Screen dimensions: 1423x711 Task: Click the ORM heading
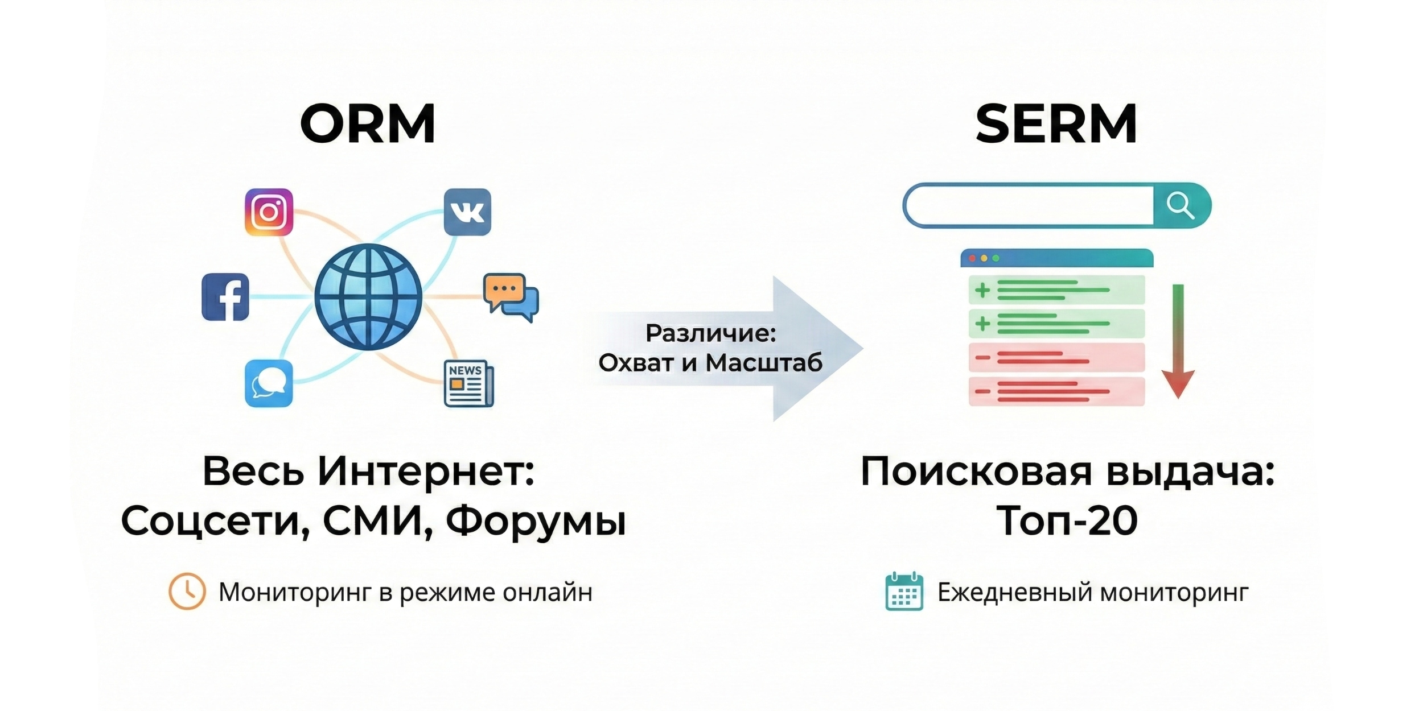click(368, 123)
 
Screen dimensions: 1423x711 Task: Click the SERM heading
click(1056, 123)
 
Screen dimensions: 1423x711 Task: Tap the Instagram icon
click(269, 212)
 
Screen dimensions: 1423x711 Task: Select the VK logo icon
click(467, 212)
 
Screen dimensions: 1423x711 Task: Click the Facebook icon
click(225, 297)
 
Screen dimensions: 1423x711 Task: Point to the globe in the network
click(368, 297)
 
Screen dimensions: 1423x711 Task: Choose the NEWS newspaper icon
click(469, 383)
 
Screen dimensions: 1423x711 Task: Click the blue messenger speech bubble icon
click(269, 383)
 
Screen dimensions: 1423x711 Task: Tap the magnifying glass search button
click(1181, 205)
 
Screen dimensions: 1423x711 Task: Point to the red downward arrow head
click(1178, 385)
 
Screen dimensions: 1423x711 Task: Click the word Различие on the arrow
click(711, 333)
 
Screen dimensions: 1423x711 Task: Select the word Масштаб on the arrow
click(764, 363)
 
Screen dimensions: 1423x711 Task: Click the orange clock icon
click(187, 592)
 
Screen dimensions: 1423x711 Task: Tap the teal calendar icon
click(904, 592)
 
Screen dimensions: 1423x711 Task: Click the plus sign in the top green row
click(982, 291)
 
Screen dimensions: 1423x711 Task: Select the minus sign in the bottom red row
click(982, 392)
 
